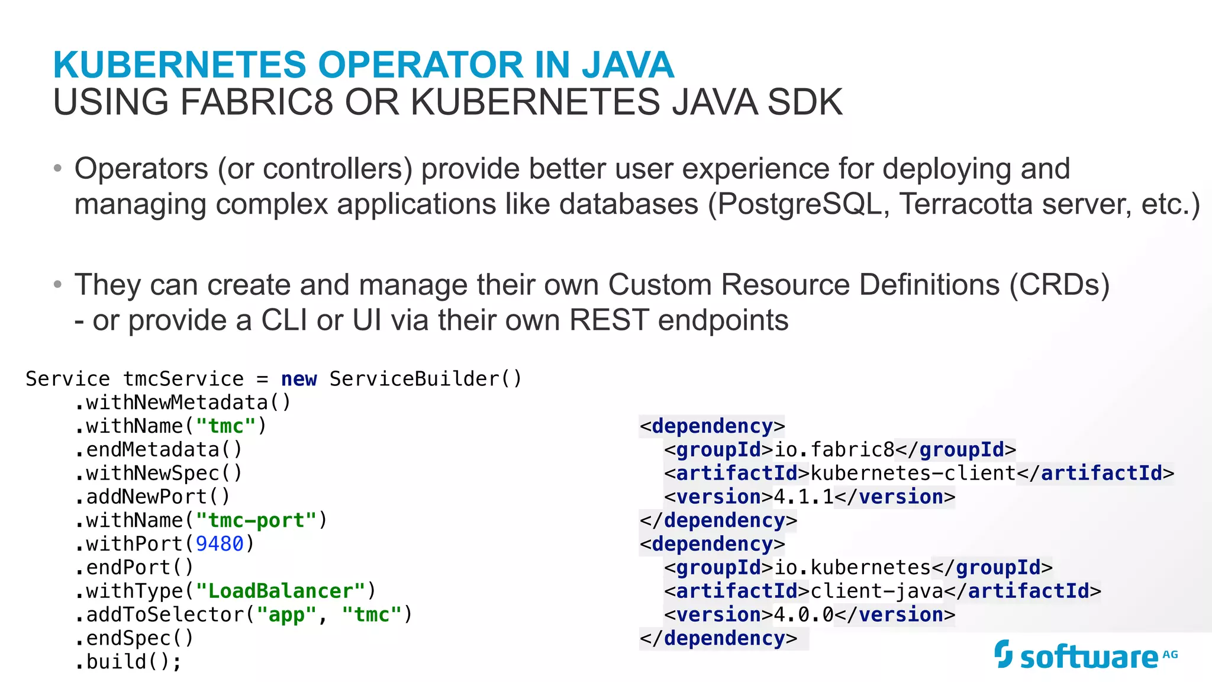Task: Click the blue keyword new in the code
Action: tap(299, 379)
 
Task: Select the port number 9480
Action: tap(220, 544)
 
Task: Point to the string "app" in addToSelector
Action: tap(286, 615)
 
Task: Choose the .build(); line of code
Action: tap(128, 661)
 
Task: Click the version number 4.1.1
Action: tap(804, 497)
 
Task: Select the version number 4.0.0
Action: tap(804, 615)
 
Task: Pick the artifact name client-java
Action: tap(876, 591)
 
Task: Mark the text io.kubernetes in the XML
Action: tap(852, 568)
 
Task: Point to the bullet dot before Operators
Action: tap(57, 169)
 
